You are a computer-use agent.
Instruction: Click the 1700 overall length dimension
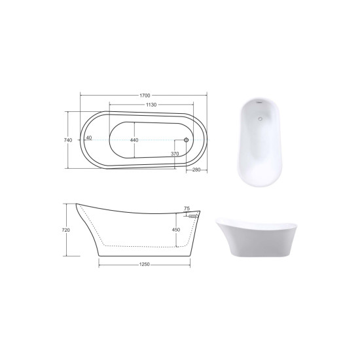[x=145, y=96]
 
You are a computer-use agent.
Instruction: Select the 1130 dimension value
[x=151, y=105]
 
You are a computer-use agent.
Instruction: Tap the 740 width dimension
[x=68, y=140]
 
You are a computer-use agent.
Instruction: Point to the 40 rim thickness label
[x=89, y=137]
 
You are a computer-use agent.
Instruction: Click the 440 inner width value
[x=134, y=140]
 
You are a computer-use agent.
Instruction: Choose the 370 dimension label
[x=175, y=154]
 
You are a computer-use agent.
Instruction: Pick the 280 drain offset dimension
[x=196, y=170]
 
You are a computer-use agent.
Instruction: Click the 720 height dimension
[x=66, y=230]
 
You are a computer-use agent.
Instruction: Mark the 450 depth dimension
[x=176, y=230]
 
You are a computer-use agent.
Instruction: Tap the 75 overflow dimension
[x=187, y=208]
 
